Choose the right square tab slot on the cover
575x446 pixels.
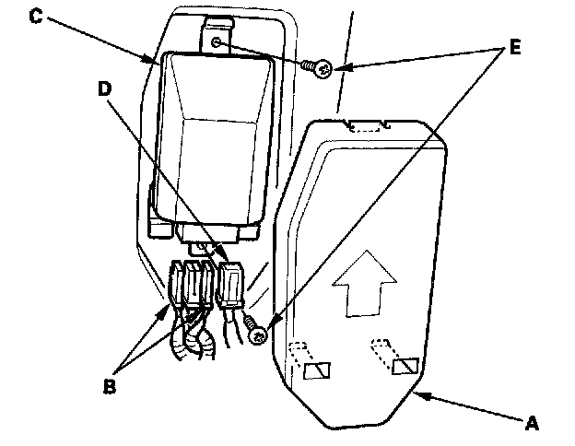(x=405, y=368)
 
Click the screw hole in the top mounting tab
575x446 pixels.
(x=217, y=42)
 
